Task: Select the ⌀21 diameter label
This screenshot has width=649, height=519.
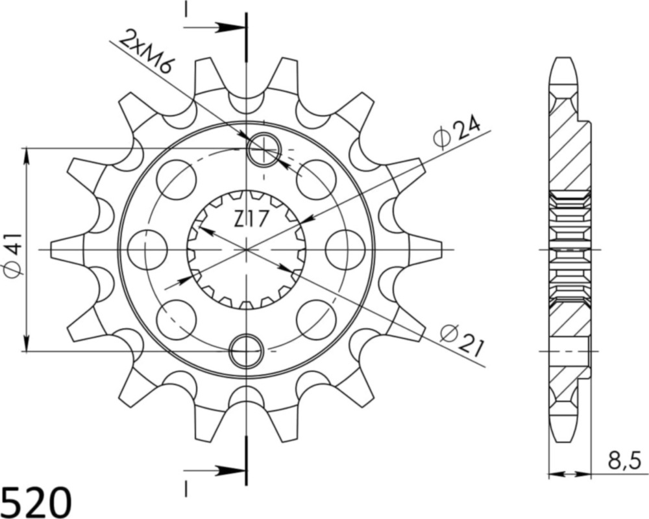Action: pos(461,340)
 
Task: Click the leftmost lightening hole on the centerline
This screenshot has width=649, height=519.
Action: pos(147,249)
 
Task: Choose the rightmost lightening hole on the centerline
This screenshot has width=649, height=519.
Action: pos(345,249)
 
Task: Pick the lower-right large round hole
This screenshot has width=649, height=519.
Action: pos(316,319)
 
